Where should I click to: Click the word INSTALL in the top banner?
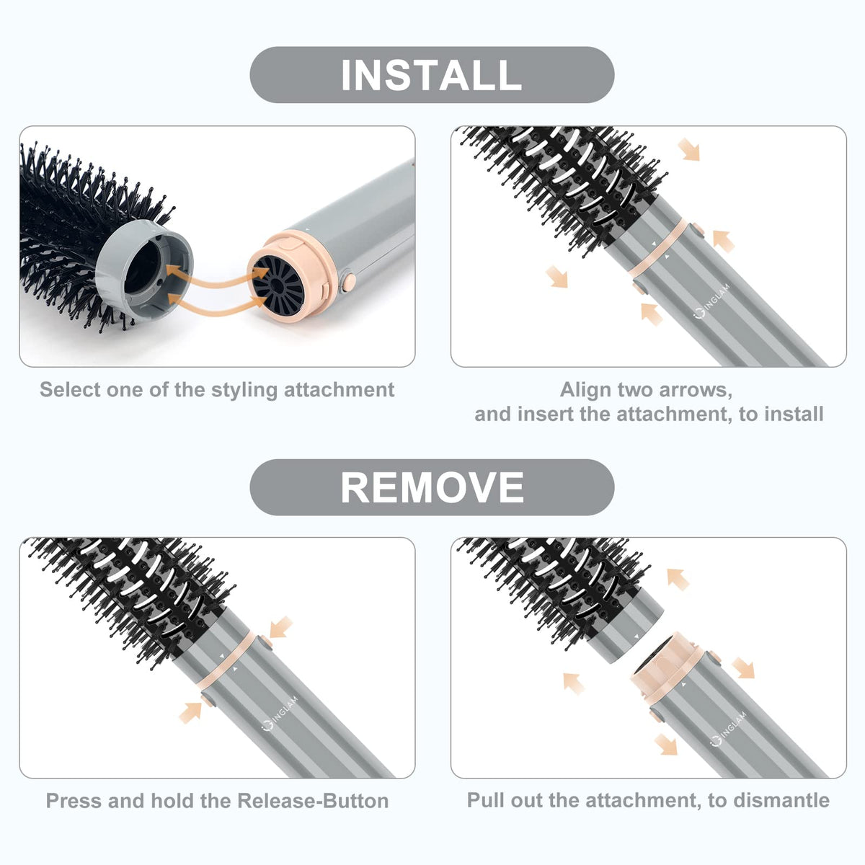coord(431,75)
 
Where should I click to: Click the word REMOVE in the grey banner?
coord(432,487)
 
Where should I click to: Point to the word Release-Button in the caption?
coord(313,802)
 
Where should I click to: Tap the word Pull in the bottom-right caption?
coord(482,800)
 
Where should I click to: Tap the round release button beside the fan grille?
coord(349,281)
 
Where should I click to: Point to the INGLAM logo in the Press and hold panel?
coord(279,713)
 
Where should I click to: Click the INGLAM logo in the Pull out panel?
coord(728,729)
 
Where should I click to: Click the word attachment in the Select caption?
coord(340,389)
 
